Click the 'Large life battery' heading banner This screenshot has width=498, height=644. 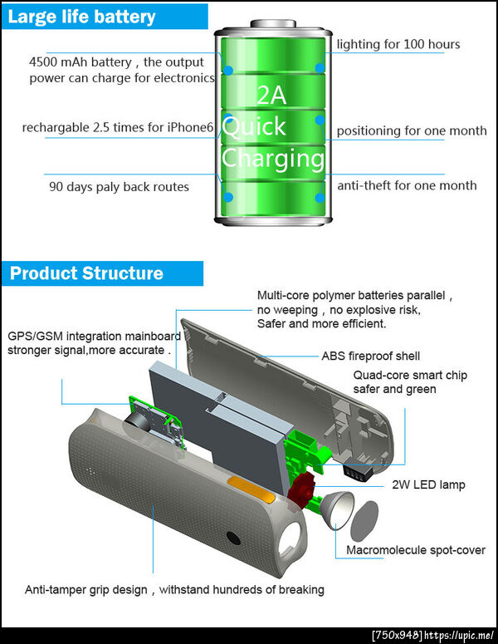click(105, 17)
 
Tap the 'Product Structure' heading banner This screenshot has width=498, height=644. click(102, 273)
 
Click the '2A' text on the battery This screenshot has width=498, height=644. click(271, 95)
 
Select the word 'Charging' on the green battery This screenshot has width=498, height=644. click(273, 159)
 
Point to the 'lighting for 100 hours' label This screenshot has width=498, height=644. click(398, 44)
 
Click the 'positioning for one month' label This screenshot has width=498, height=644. click(412, 130)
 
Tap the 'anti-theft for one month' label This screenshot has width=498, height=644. click(407, 185)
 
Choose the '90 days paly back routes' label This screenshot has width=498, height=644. click(119, 187)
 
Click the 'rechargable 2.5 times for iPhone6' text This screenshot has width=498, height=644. click(118, 127)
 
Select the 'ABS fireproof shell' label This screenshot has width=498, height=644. click(370, 356)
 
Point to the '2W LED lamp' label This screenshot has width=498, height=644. click(428, 484)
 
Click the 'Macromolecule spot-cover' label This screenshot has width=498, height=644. click(416, 550)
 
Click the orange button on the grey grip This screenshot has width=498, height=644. click(251, 489)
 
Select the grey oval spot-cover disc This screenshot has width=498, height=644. click(364, 521)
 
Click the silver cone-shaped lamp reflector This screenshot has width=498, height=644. click(336, 509)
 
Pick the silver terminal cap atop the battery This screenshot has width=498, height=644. click(273, 23)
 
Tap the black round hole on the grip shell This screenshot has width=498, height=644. click(233, 538)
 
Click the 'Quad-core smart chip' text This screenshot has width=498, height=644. click(410, 375)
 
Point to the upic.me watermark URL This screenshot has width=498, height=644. click(459, 636)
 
